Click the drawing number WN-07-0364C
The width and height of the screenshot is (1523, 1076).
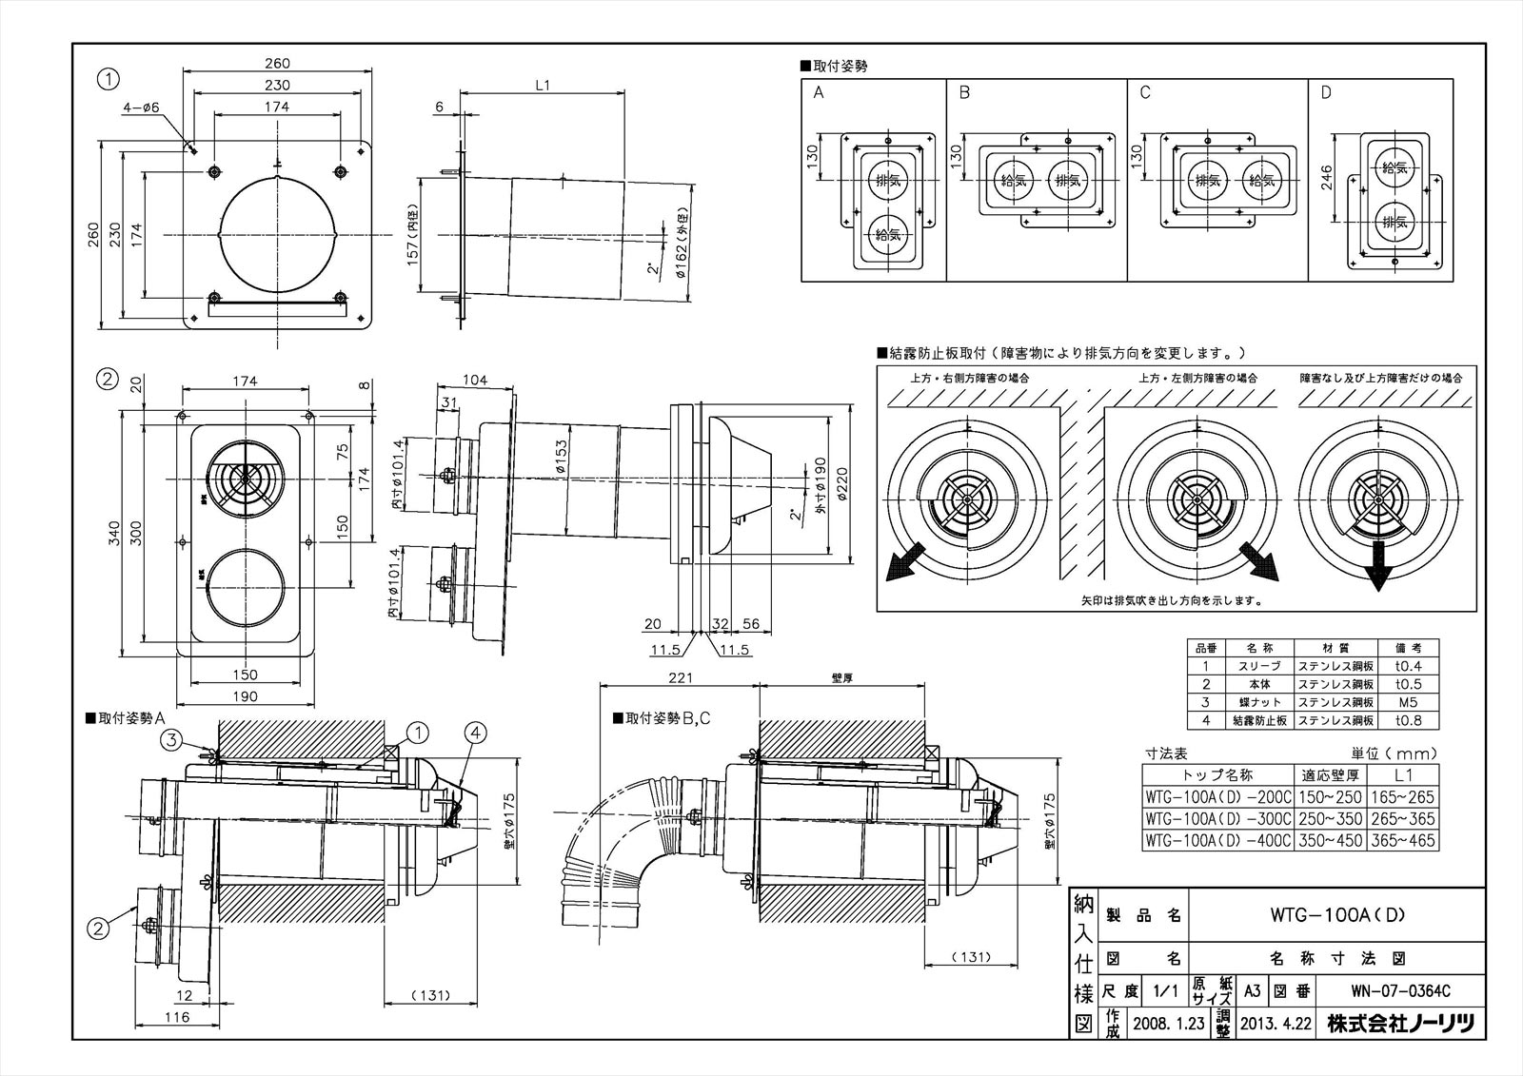point(1397,990)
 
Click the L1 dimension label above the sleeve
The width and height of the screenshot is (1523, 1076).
point(543,86)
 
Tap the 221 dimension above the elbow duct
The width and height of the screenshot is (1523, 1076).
point(679,678)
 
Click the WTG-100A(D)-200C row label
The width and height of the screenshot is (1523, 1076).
point(1217,797)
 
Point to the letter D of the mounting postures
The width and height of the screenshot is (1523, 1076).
point(1327,93)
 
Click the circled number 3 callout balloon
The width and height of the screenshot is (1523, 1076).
point(170,737)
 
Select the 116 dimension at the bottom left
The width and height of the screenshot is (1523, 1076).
point(176,1017)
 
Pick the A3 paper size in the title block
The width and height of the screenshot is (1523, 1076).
point(1253,990)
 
